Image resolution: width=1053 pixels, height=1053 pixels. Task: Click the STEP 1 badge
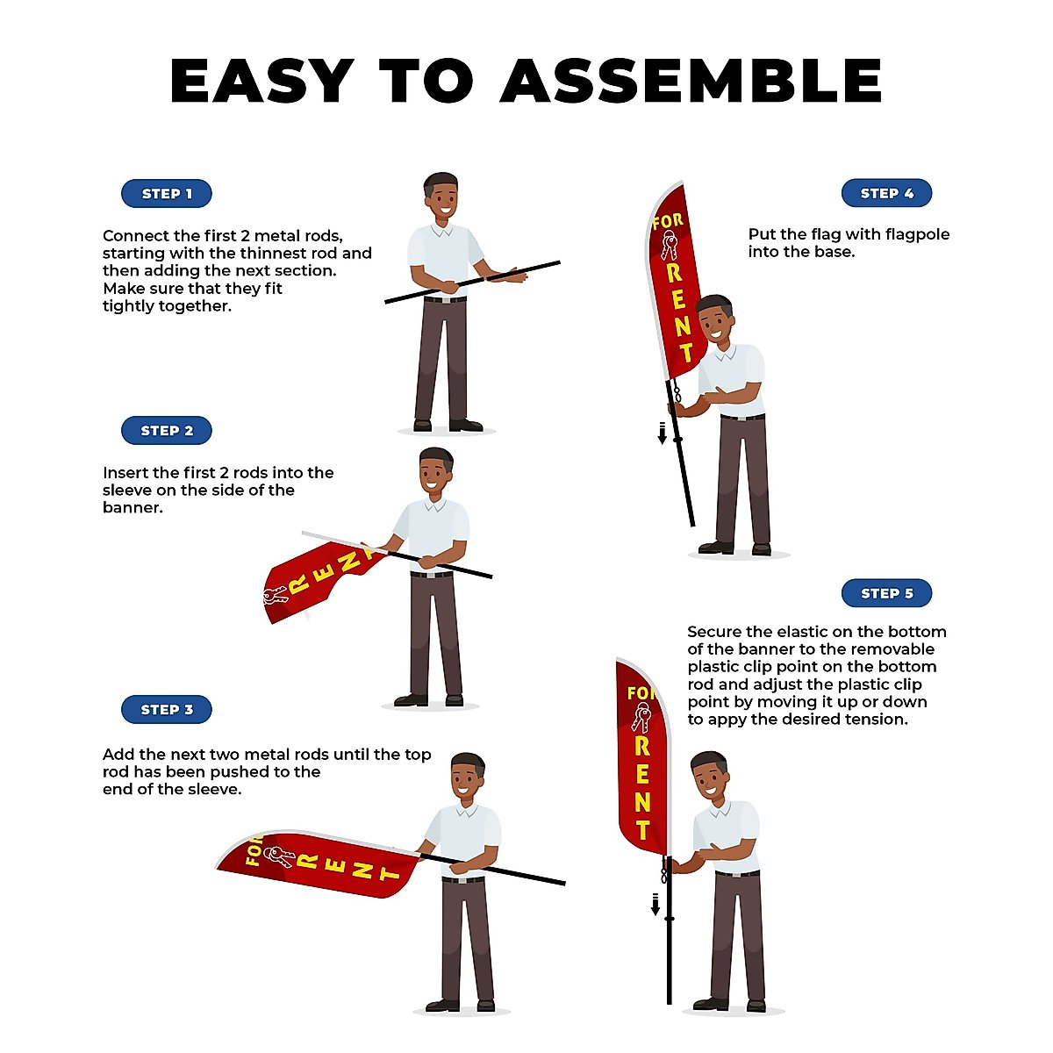click(x=167, y=194)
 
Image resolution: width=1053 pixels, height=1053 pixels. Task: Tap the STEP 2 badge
click(x=167, y=431)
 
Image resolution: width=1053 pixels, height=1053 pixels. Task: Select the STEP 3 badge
click(x=167, y=710)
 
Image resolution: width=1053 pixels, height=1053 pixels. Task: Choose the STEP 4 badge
click(x=886, y=193)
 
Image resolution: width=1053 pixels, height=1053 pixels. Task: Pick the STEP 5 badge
click(x=886, y=593)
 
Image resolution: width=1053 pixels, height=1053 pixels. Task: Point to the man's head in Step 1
click(x=441, y=197)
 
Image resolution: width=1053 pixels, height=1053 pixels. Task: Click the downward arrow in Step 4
click(x=663, y=433)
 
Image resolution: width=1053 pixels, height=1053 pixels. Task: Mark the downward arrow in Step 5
click(x=655, y=904)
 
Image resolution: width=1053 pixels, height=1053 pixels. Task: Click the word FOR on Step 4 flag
click(x=667, y=221)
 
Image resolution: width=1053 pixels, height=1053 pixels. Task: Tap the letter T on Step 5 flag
click(x=643, y=829)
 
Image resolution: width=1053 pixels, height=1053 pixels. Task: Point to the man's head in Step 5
click(x=709, y=775)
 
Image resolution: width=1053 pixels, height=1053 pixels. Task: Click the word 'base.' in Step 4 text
click(x=834, y=252)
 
